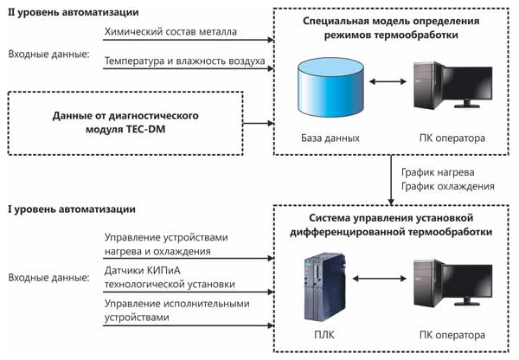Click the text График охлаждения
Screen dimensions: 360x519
[448, 185]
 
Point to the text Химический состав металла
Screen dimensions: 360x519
[170, 33]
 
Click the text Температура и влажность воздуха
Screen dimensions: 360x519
[183, 61]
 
